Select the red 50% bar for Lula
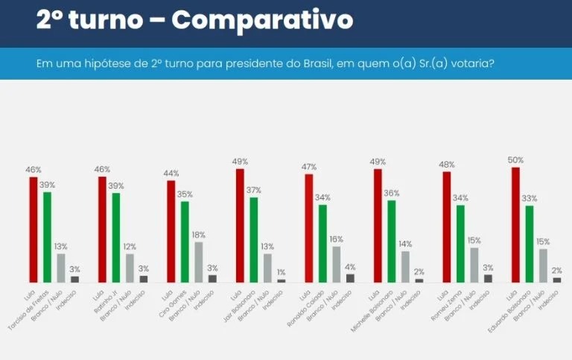click(515, 224)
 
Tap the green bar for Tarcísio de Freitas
click(47, 237)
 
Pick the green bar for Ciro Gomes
click(185, 241)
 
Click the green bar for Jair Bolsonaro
click(254, 239)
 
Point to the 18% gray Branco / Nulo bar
click(199, 262)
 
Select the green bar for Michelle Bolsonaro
click(391, 241)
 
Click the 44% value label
click(171, 173)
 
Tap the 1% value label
click(282, 272)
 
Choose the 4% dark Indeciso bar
click(351, 278)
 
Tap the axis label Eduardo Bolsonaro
click(519, 308)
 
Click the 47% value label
click(308, 167)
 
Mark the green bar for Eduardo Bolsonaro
click(530, 244)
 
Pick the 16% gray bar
click(337, 264)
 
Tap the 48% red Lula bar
click(446, 227)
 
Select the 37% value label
click(255, 190)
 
